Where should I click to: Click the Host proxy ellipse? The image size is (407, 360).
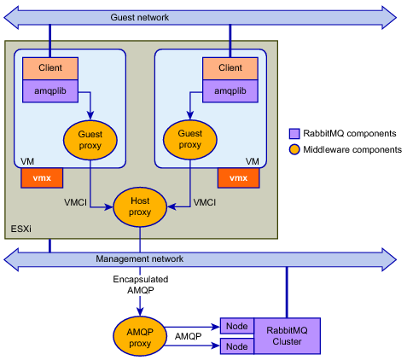pos(140,206)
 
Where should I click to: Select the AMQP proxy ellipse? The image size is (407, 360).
pos(140,336)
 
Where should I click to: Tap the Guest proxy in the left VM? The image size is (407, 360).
pos(90,140)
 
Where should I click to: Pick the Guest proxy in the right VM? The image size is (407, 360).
pos(190,139)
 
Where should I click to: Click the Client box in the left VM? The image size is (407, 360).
pos(50,68)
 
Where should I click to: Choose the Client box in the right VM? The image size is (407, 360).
pos(230,68)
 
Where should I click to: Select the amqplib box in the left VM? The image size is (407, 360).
pos(50,91)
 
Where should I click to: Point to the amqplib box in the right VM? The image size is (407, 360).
pos(230,91)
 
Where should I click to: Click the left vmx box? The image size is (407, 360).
pos(42,178)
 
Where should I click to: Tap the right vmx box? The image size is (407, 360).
pos(239,178)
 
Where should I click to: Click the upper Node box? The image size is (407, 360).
pos(237,326)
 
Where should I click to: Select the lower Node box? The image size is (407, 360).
pos(237,346)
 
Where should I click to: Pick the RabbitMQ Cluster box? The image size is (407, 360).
pos(287,336)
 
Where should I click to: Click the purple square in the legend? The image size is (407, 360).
pos(294,133)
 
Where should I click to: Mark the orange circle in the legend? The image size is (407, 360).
pos(294,149)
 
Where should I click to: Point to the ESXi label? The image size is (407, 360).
pos(21,229)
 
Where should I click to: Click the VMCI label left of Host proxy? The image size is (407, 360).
pos(75,202)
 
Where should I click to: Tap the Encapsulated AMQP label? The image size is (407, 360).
pos(141,285)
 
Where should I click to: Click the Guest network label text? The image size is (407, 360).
pos(140,17)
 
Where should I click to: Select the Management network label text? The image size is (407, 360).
pos(140,258)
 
